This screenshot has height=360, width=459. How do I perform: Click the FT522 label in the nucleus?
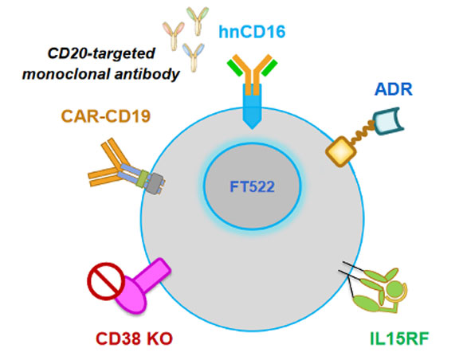(x=252, y=187)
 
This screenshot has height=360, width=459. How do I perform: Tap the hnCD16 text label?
(x=252, y=32)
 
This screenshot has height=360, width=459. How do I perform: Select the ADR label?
(x=394, y=89)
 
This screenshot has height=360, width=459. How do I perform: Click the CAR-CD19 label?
(x=106, y=116)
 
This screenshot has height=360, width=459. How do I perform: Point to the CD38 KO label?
(x=135, y=338)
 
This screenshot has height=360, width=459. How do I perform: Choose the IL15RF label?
(x=399, y=338)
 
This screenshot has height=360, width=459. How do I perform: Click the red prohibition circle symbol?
(x=106, y=281)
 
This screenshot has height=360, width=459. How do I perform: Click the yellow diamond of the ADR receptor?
(x=341, y=151)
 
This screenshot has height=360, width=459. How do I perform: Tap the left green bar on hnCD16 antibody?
(x=235, y=68)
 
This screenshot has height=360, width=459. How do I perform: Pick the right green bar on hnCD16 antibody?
(x=269, y=68)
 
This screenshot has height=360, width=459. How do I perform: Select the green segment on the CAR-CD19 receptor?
(x=143, y=179)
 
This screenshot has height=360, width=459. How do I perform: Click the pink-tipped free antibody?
(x=174, y=36)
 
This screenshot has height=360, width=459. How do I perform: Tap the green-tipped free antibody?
(x=198, y=21)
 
